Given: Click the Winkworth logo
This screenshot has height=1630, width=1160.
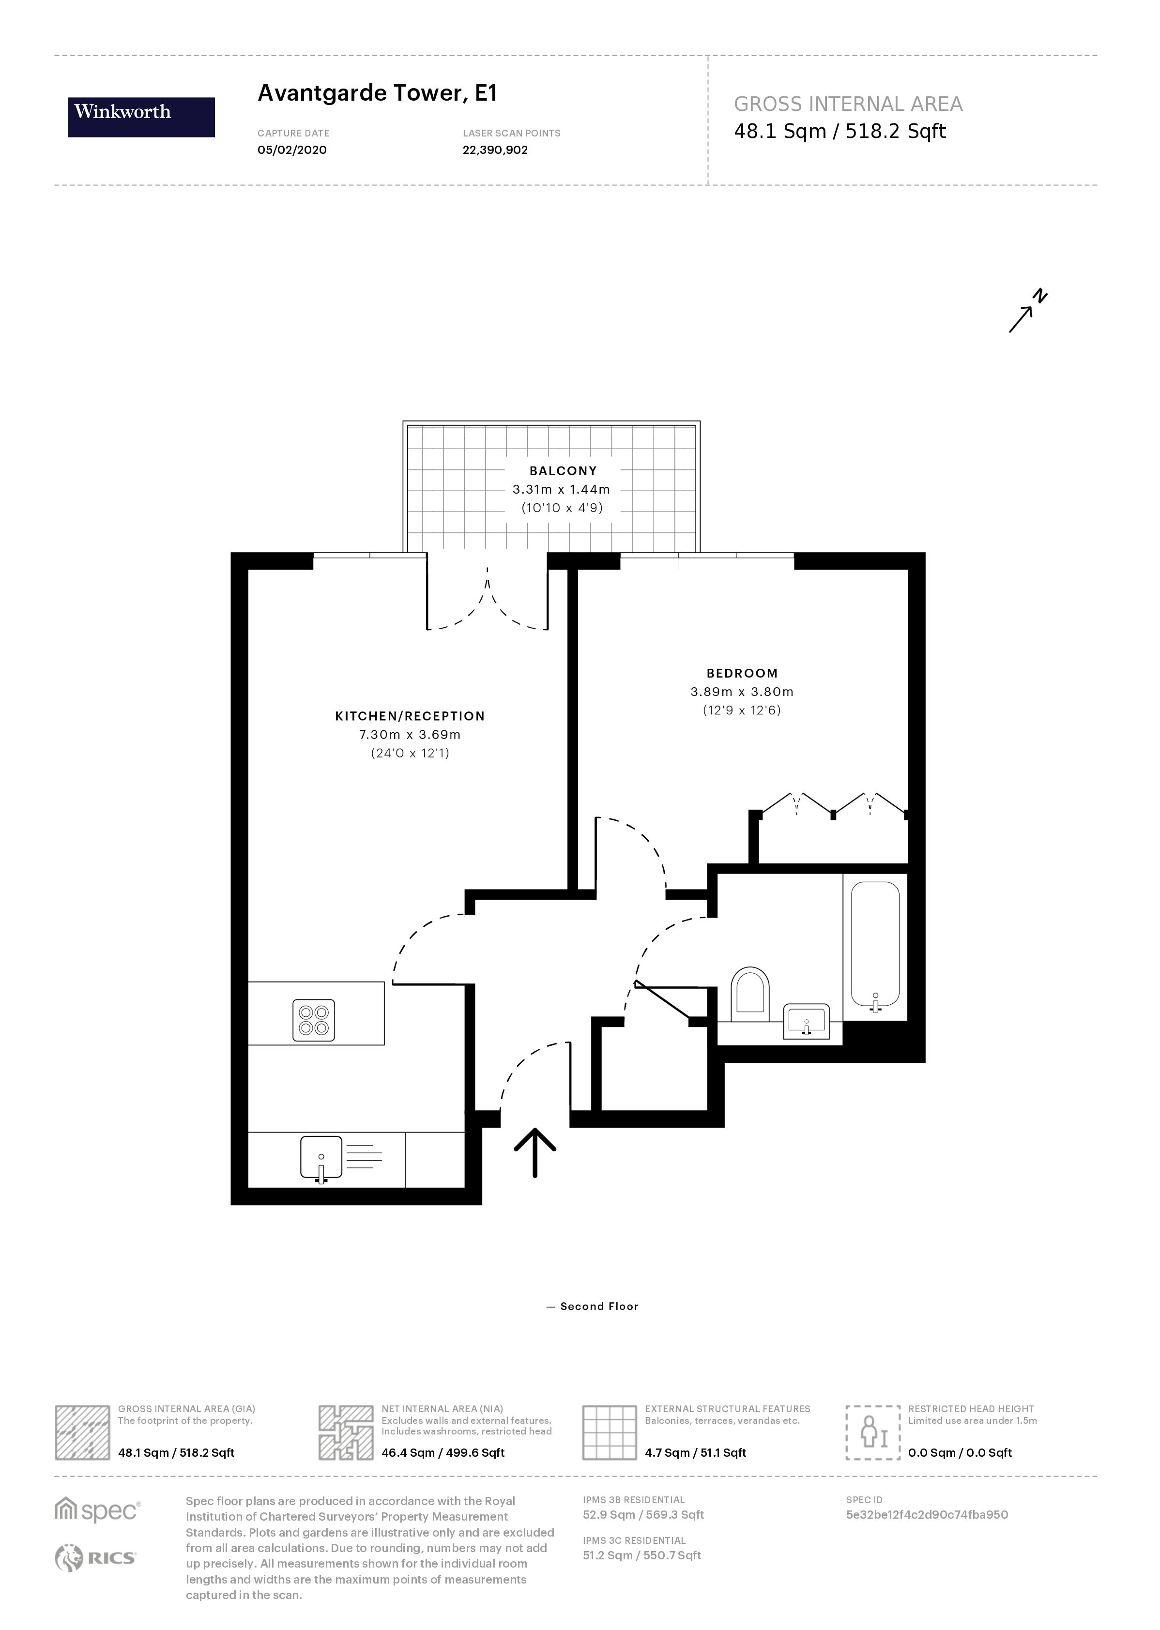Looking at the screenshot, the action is pos(141,117).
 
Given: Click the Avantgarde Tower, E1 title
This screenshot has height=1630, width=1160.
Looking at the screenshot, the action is pos(377,93).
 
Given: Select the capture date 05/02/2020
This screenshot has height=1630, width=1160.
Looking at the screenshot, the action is pos(292,150).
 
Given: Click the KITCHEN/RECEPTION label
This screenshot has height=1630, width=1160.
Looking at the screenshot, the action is pos(410,716).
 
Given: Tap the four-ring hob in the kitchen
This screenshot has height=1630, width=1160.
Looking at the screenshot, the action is pos(314,1020).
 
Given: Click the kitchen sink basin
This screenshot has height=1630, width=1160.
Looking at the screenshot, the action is pos(321,1159).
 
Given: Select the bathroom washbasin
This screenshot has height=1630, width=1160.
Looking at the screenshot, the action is pos(807,1021).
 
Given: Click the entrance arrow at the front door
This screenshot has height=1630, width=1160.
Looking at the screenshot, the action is pos(535,1152).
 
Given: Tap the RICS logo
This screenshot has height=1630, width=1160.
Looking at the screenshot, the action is pos(96,1558).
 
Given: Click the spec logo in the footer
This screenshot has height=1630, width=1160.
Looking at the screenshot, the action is pos(98,1511).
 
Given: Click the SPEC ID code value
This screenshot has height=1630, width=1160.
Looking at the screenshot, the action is pos(927,1514).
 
